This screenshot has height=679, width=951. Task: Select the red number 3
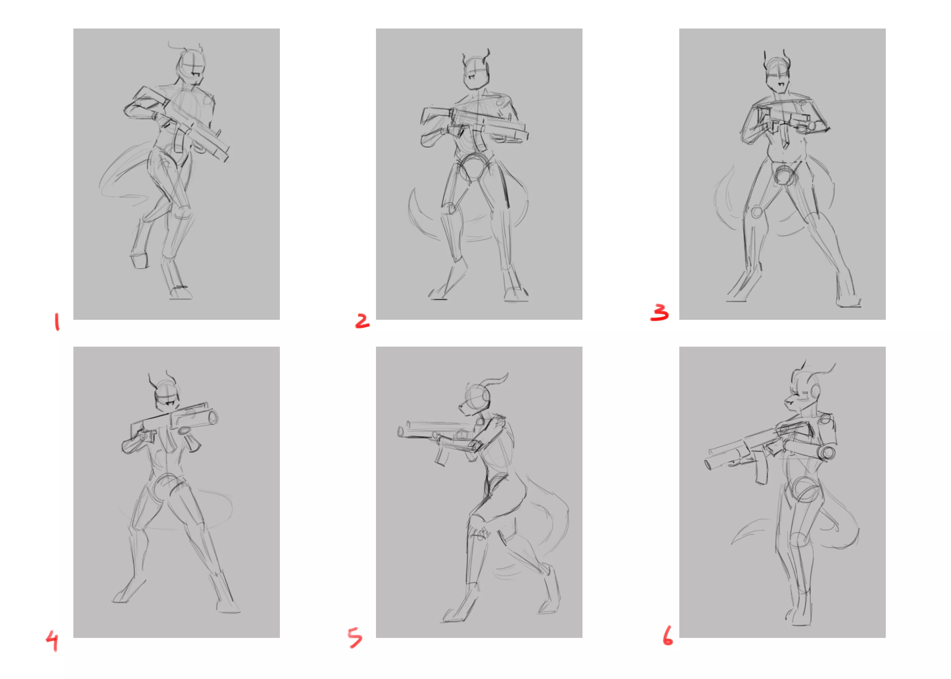[660, 313]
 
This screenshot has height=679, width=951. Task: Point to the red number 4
[52, 641]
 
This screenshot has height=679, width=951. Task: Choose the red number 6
[667, 635]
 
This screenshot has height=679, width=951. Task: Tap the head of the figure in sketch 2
[476, 74]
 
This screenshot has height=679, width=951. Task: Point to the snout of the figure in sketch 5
[463, 408]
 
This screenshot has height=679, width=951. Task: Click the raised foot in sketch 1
[139, 260]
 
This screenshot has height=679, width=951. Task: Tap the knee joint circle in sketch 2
[449, 208]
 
